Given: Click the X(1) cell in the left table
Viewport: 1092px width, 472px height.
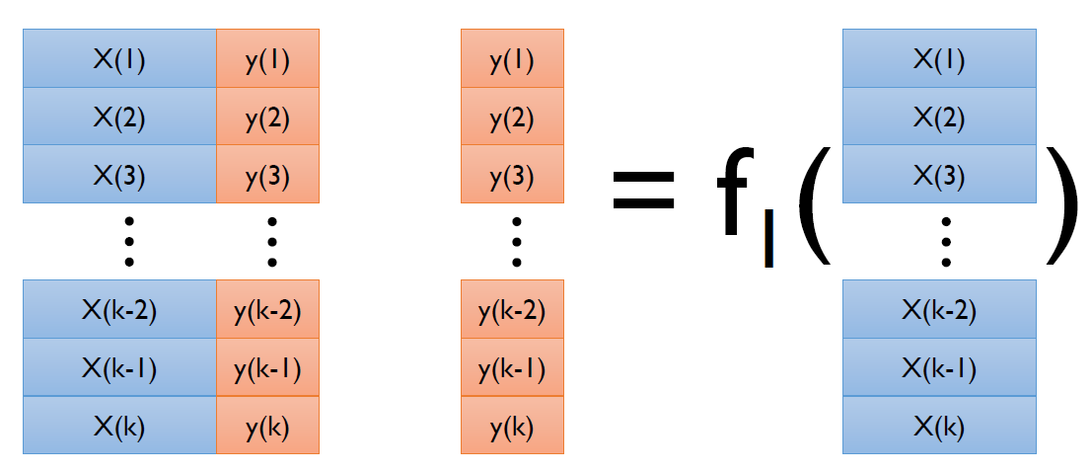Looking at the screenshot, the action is pyautogui.click(x=119, y=59).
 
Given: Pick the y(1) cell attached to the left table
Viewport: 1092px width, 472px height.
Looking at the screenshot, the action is pyautogui.click(x=268, y=59).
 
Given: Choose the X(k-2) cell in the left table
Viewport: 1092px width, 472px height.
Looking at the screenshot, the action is pyautogui.click(x=119, y=309).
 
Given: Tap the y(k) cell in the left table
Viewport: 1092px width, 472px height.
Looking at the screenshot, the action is pyautogui.click(x=268, y=426).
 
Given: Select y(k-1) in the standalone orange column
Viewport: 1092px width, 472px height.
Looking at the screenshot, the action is pyautogui.click(x=512, y=368).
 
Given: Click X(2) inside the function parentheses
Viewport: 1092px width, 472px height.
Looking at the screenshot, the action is pyautogui.click(x=939, y=118).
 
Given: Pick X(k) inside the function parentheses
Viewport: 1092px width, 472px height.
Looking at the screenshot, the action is pyautogui.click(x=939, y=426).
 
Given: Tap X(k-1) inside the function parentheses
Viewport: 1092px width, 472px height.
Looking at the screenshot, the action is pyautogui.click(x=939, y=368).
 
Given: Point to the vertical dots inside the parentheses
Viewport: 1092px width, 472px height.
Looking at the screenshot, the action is pyautogui.click(x=946, y=241).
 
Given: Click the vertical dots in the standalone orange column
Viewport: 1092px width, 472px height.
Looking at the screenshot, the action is pyautogui.click(x=516, y=241).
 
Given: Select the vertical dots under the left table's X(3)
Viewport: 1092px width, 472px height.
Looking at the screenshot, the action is pyautogui.click(x=127, y=241).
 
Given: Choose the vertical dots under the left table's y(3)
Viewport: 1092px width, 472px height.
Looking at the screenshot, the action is pyautogui.click(x=273, y=241).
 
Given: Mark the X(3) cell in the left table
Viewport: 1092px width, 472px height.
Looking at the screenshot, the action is pyautogui.click(x=119, y=175).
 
